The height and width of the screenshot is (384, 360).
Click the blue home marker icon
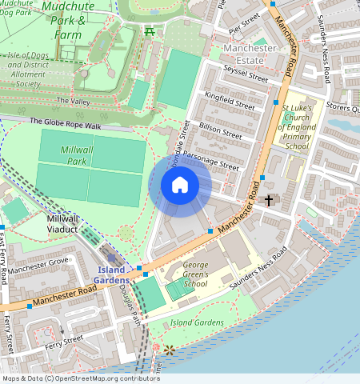click(180, 186)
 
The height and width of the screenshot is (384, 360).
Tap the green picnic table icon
click(149, 31)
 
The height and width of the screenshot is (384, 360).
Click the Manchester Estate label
click(250, 54)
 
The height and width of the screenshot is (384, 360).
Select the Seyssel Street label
click(246, 77)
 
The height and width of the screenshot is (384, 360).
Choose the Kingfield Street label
click(230, 101)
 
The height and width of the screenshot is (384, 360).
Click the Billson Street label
click(221, 130)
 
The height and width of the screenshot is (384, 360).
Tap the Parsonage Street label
click(210, 160)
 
